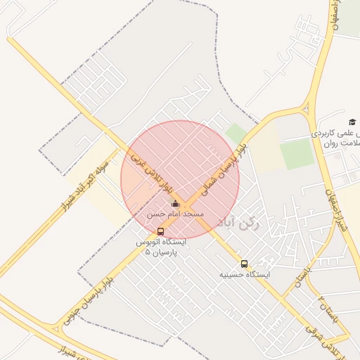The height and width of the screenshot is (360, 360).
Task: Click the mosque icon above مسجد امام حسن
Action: [x=175, y=204]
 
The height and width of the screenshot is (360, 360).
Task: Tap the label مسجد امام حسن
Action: [x=176, y=213]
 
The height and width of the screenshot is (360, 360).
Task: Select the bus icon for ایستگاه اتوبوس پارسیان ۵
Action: [x=161, y=231]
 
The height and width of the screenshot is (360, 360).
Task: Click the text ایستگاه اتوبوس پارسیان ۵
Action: [x=161, y=246]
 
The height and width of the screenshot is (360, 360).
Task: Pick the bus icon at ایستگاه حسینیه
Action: [x=244, y=264]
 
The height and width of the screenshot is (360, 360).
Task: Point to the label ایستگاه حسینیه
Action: [x=244, y=274]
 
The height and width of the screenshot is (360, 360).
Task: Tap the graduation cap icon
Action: [x=352, y=122]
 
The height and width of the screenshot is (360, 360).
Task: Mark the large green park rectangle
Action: [x=297, y=153]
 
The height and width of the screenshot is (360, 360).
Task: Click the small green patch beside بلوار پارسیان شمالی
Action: [x=236, y=133]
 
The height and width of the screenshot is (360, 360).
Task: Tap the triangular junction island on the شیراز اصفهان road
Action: [x=306, y=108]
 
